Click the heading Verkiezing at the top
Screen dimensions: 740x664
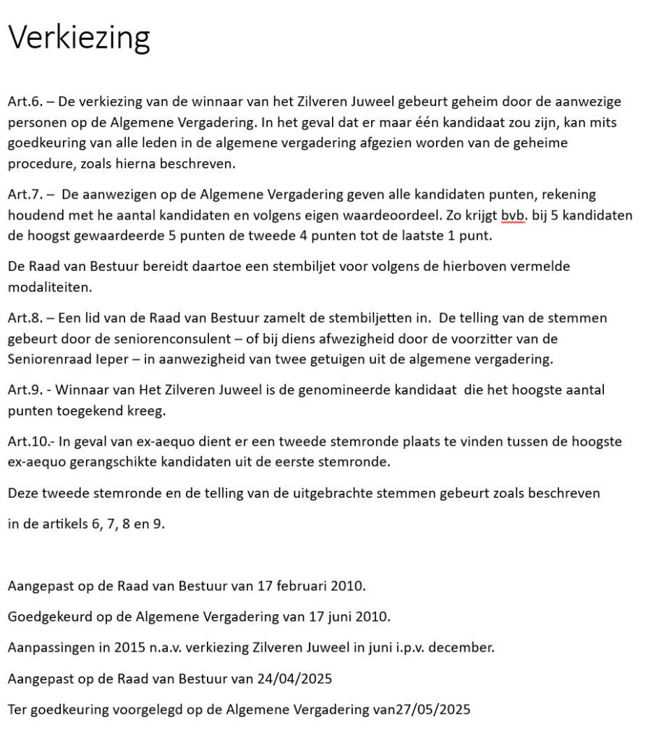pyautogui.click(x=79, y=37)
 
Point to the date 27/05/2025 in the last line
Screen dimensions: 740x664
pyautogui.click(x=433, y=710)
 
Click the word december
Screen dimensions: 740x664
pyautogui.click(x=462, y=648)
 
